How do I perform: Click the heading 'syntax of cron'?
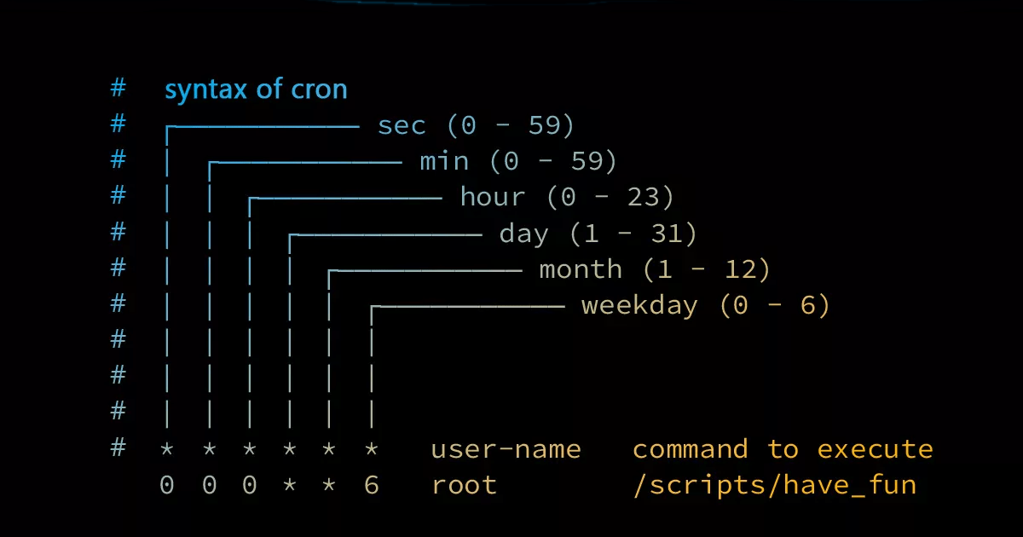pos(256,89)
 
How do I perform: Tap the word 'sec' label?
pos(402,125)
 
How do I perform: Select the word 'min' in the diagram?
pos(444,161)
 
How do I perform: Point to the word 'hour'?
pos(493,196)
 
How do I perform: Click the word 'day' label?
pos(523,234)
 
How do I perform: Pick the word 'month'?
pos(581,268)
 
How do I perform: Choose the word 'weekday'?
pos(639,305)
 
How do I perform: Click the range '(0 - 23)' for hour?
pos(610,197)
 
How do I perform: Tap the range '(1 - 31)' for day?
pos(633,234)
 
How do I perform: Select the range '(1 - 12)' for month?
pos(707,269)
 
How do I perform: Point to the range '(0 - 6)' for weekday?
pos(775,305)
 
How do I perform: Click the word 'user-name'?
pos(506,449)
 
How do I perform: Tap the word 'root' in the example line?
pos(464,485)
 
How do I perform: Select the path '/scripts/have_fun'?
pos(775,485)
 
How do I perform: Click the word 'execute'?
pos(875,449)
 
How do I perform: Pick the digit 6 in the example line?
pos(372,485)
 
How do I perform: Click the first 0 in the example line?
pos(167,485)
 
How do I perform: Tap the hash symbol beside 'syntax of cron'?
pos(118,88)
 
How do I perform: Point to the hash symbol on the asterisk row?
pos(118,447)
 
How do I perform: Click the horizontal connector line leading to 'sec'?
pos(263,126)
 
